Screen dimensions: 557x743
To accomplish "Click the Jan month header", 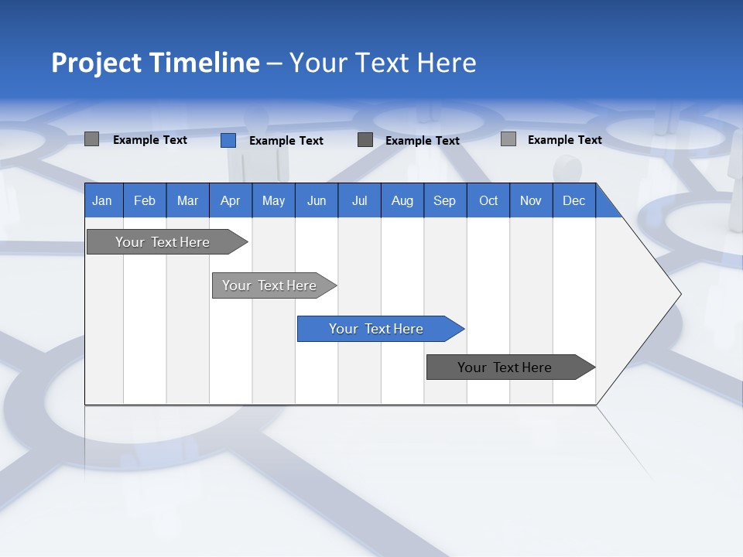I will coord(102,200).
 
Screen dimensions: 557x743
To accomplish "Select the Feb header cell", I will coord(145,200).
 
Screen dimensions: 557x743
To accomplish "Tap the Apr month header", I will coord(230,200).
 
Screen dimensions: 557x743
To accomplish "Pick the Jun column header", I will coord(317,200).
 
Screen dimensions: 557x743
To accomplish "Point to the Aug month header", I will coord(402,200).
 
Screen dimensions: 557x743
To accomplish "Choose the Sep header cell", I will coord(444,200).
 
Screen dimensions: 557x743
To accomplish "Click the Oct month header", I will coord(488,200).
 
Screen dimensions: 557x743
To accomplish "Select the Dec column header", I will coord(574,200).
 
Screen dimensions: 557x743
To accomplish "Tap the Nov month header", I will coord(531,200).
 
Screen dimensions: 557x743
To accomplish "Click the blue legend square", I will coord(228,140).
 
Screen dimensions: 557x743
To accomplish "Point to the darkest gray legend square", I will coord(365,140).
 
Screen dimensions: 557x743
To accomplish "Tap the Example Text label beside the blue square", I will coord(286,141).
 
